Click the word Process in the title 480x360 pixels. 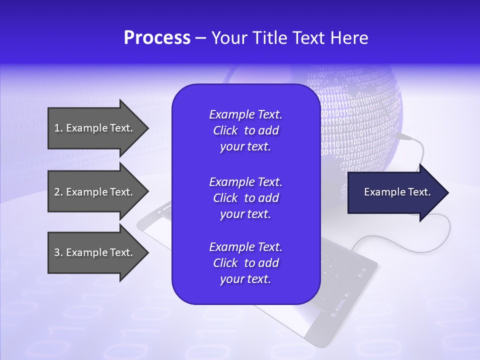pyautogui.click(x=157, y=38)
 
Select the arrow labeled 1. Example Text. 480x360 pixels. pyautogui.click(x=95, y=128)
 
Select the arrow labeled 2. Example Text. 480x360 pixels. pyautogui.click(x=95, y=192)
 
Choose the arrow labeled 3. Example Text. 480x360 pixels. pyautogui.click(x=95, y=252)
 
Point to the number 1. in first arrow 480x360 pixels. pyautogui.click(x=58, y=128)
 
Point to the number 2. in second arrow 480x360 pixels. pyautogui.click(x=58, y=192)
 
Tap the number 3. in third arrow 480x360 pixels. pyautogui.click(x=58, y=252)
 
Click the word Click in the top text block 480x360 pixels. pyautogui.click(x=225, y=131)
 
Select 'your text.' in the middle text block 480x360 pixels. pyautogui.click(x=245, y=214)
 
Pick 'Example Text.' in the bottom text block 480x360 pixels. pyautogui.click(x=245, y=247)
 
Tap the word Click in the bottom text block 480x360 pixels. pyautogui.click(x=225, y=263)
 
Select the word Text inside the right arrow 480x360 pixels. pyautogui.click(x=419, y=192)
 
